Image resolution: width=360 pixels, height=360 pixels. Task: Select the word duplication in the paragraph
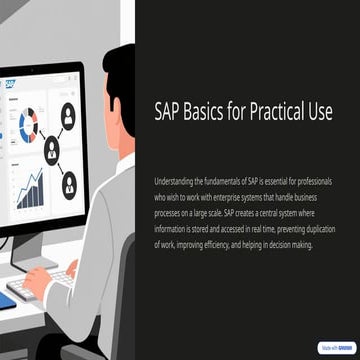click(322, 227)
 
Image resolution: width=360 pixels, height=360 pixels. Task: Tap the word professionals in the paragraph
click(318, 182)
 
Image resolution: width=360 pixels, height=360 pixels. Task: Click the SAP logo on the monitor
click(9, 85)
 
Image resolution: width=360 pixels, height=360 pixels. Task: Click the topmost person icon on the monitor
click(68, 114)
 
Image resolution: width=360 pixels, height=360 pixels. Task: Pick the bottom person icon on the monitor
click(69, 185)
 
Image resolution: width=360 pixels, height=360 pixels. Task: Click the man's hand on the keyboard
click(38, 283)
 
